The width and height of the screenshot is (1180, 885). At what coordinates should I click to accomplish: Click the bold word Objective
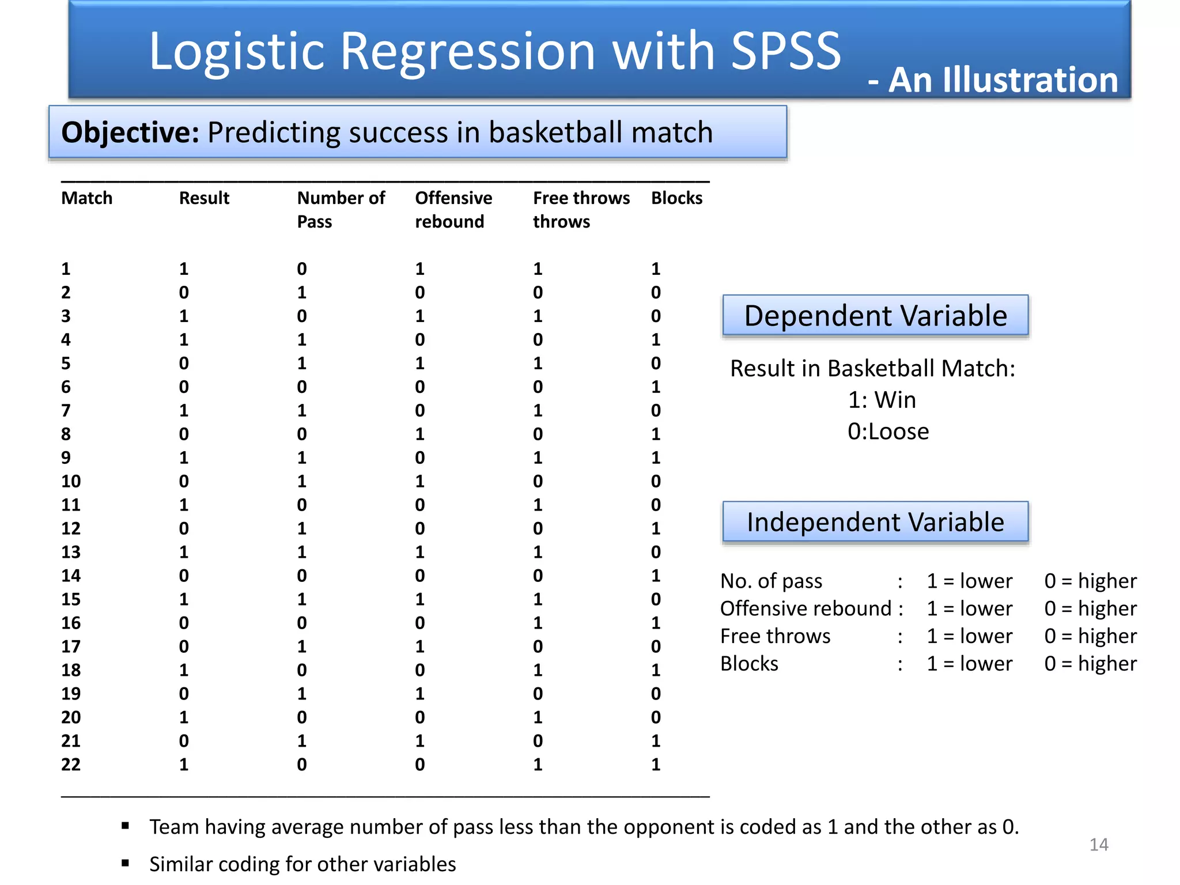(130, 133)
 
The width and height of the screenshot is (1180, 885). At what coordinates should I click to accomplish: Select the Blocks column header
(676, 198)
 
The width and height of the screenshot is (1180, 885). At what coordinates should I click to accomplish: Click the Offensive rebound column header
(453, 210)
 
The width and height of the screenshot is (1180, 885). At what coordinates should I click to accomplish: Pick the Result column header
(204, 198)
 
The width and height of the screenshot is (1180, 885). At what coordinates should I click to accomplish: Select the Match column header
(87, 198)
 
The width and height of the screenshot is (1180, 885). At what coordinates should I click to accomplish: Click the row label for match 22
(71, 765)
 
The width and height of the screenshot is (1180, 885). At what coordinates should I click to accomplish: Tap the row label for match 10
(71, 481)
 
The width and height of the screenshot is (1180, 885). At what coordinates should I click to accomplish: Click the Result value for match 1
(184, 269)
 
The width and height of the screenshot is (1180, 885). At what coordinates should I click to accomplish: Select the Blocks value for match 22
(656, 765)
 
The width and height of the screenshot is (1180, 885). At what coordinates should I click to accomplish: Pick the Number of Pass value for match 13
(302, 552)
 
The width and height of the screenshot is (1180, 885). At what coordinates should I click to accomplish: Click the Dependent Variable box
(875, 316)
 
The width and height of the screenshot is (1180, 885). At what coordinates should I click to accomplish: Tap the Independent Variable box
(875, 522)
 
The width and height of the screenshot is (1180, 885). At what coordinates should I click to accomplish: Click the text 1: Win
(882, 400)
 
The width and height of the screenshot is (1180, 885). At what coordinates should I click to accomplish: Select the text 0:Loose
(888, 432)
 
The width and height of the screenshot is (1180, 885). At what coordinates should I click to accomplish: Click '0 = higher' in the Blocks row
(1090, 664)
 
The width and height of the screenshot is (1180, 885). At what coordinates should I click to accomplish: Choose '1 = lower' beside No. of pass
(969, 581)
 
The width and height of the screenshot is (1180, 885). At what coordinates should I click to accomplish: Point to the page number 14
(1099, 845)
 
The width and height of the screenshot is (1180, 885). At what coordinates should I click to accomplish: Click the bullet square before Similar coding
(125, 863)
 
